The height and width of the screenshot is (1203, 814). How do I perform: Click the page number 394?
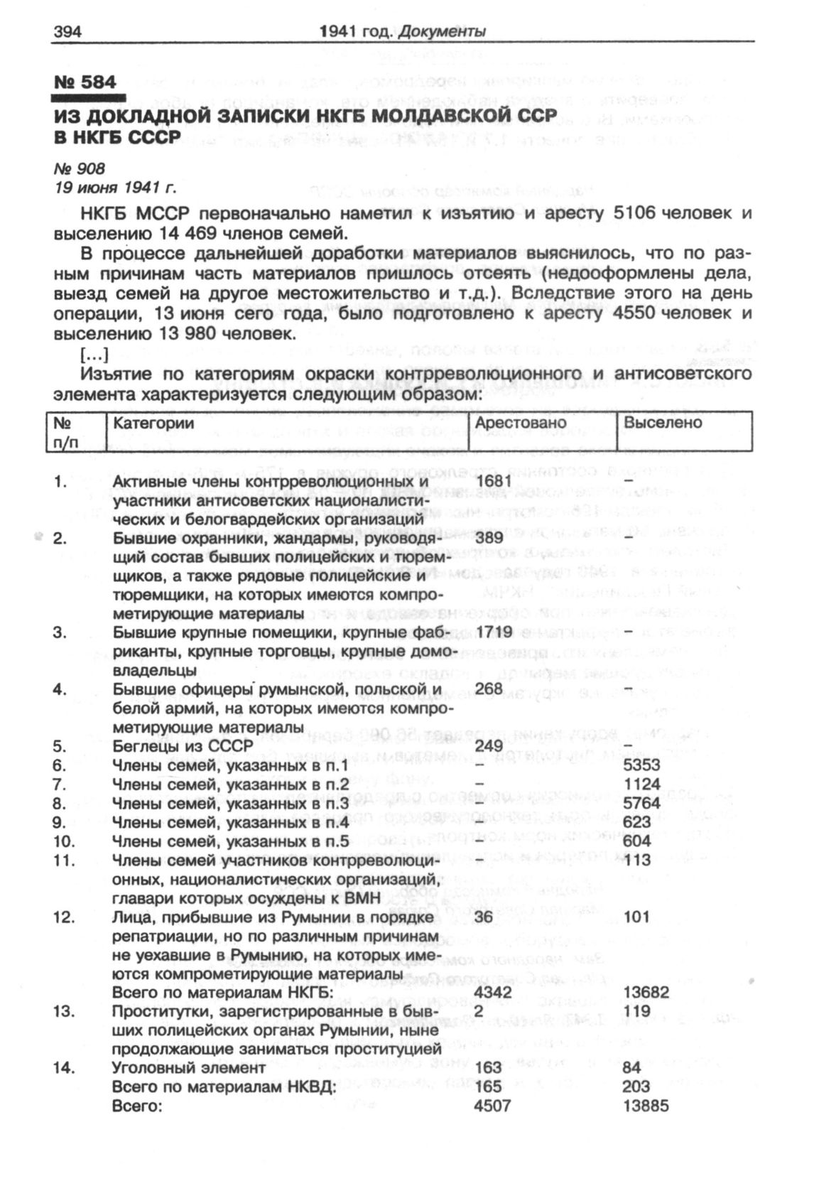[68, 31]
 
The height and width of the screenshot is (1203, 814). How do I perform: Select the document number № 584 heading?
[85, 82]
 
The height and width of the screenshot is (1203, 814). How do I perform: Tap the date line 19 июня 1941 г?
[115, 188]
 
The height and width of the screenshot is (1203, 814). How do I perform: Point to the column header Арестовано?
[521, 423]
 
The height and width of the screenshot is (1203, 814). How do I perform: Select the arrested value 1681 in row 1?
[494, 481]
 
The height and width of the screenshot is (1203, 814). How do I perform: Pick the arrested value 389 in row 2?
[489, 538]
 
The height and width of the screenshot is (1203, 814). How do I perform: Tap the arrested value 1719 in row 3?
[494, 632]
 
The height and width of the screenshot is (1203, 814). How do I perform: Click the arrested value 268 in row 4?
[489, 689]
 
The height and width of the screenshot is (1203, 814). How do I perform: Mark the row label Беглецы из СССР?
[183, 746]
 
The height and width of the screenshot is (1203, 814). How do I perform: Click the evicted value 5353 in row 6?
[641, 765]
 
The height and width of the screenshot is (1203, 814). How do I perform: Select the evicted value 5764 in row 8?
[641, 804]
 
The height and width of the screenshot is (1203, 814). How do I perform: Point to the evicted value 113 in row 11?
[637, 861]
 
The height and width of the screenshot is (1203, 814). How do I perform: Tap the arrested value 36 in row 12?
[484, 917]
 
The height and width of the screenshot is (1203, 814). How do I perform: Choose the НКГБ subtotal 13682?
[646, 992]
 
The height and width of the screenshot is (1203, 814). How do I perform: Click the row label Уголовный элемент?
[189, 1067]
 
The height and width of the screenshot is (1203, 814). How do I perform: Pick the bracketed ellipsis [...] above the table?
[94, 353]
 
